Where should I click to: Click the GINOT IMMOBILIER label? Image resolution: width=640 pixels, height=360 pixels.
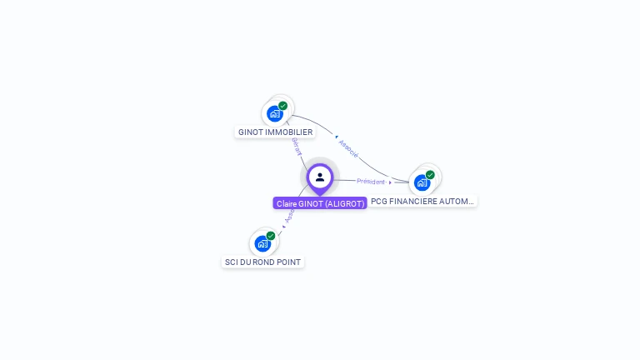tap(275, 132)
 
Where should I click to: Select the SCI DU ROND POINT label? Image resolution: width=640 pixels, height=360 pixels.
tap(262, 262)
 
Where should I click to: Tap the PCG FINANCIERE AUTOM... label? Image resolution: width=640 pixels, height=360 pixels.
tap(422, 201)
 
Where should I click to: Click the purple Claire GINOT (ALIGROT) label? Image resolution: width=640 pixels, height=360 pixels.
tap(320, 203)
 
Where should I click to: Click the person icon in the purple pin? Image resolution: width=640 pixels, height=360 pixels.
tap(320, 177)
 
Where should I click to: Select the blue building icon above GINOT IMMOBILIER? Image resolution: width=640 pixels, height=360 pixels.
tap(274, 113)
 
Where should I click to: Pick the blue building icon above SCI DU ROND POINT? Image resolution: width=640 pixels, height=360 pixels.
tap(262, 243)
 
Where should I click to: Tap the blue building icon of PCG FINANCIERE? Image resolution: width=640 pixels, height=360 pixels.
tap(422, 182)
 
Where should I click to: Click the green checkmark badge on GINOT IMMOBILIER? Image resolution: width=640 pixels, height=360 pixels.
tap(283, 106)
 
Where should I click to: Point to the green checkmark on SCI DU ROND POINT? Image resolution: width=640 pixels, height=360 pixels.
tap(271, 236)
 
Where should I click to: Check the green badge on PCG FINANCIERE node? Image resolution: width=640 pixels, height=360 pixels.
tap(430, 175)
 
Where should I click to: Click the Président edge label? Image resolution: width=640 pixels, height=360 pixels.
tap(371, 181)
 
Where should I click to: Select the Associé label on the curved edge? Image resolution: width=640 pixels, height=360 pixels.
tap(349, 149)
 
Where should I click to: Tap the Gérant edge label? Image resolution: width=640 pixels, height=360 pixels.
tap(297, 147)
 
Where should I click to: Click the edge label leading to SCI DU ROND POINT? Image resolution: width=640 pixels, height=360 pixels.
tap(289, 216)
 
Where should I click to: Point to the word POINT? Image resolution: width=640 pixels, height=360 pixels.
tap(288, 262)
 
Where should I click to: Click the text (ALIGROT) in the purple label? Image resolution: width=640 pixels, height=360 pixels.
tap(344, 203)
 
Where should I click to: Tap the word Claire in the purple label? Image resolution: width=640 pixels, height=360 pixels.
tap(287, 203)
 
